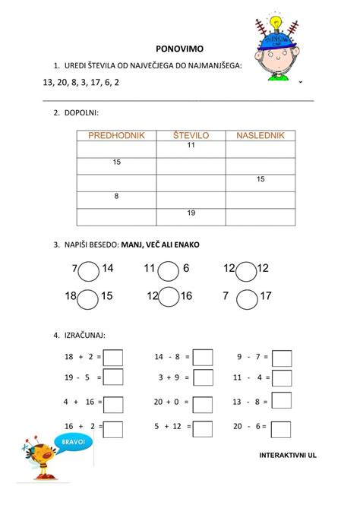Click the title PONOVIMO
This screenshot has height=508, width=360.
click(179, 46)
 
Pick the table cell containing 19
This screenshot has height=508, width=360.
click(191, 213)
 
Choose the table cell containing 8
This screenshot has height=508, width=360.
click(116, 196)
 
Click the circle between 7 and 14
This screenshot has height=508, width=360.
click(88, 270)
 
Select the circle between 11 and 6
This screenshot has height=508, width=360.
click(169, 270)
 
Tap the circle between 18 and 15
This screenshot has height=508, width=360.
click(88, 298)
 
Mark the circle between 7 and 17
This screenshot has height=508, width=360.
click(246, 298)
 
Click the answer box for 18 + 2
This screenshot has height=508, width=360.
click(113, 358)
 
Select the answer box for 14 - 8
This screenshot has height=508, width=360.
click(203, 358)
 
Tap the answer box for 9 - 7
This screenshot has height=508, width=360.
click(282, 358)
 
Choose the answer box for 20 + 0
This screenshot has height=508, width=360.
click(203, 403)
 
